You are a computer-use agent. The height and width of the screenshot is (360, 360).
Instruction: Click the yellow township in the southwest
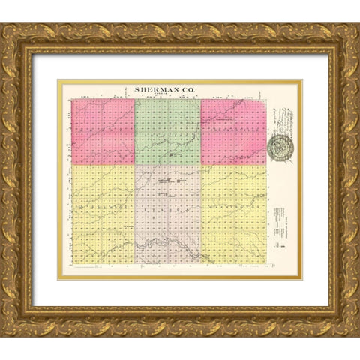[102, 214]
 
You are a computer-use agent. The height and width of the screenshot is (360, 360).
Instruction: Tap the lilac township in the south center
[168, 214]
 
